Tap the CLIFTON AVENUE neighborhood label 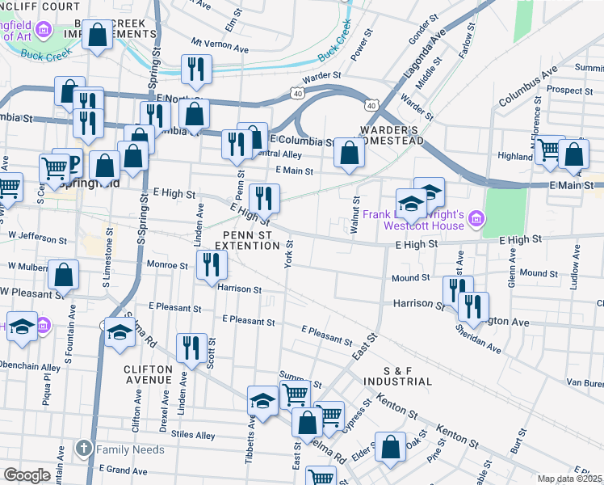(x=148, y=374)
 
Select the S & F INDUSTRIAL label (x=397, y=375)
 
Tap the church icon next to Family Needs (x=83, y=449)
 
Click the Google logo (x=26, y=475)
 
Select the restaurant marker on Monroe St (x=212, y=264)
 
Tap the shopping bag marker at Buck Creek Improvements (x=98, y=36)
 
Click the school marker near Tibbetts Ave (x=262, y=401)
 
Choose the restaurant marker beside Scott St (x=191, y=348)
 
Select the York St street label (x=287, y=258)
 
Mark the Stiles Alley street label (x=193, y=436)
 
